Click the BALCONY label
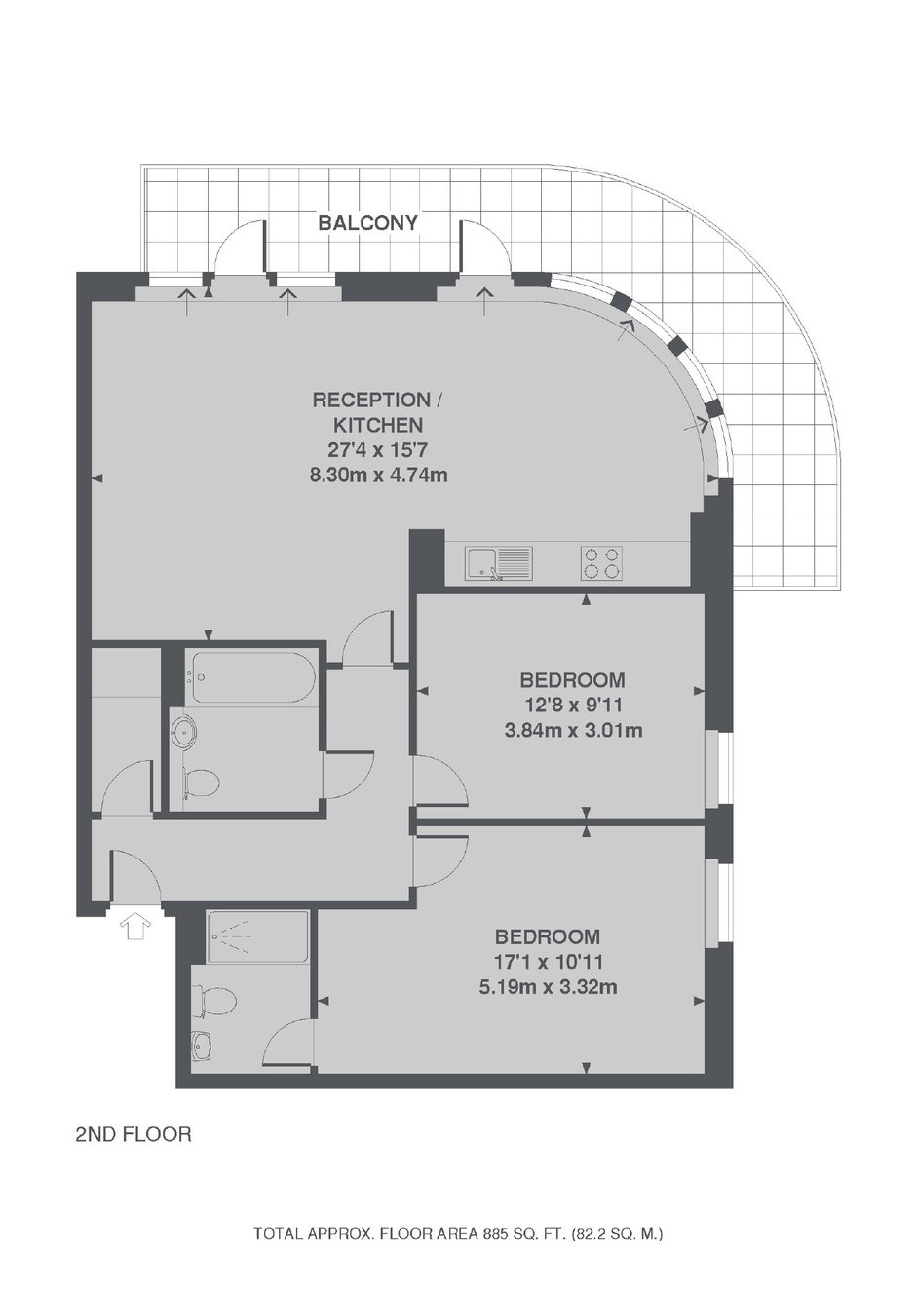367,222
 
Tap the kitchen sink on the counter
497,562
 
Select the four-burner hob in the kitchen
601,562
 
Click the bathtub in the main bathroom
251,677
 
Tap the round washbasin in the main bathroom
185,732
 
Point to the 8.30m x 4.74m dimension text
379,476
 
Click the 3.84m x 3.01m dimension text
573,730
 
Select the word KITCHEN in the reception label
378,425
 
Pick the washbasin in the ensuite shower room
203,1046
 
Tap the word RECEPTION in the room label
371,400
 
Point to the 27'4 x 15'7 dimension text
378,450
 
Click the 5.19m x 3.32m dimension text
548,987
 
